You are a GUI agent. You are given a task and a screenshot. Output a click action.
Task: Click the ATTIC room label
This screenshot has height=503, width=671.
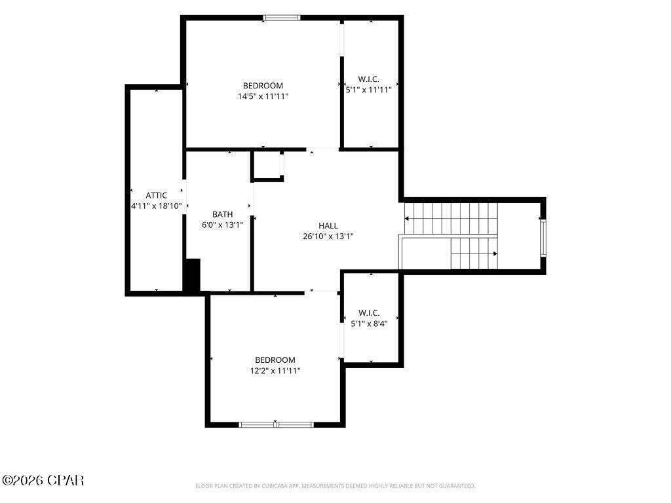pyautogui.click(x=156, y=195)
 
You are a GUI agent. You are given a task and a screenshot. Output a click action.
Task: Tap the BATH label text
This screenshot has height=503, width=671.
pyautogui.click(x=223, y=214)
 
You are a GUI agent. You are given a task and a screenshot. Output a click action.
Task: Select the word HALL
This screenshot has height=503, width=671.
pyautogui.click(x=328, y=225)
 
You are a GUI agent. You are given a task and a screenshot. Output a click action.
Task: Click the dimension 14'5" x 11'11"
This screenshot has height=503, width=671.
pyautogui.click(x=263, y=96)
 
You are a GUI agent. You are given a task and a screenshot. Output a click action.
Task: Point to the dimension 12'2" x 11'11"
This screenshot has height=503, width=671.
pyautogui.click(x=275, y=371)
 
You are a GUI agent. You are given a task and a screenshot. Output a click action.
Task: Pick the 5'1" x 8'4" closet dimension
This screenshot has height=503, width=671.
pyautogui.click(x=369, y=324)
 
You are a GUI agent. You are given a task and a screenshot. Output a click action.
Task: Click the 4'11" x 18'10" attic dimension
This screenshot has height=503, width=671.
pyautogui.click(x=157, y=206)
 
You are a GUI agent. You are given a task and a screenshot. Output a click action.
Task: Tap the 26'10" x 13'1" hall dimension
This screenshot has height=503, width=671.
pyautogui.click(x=328, y=236)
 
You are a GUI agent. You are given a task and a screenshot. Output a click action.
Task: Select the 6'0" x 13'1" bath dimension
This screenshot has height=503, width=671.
pyautogui.click(x=223, y=225)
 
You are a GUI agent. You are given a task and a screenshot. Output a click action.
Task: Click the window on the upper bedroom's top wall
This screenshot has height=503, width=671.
pyautogui.click(x=282, y=18)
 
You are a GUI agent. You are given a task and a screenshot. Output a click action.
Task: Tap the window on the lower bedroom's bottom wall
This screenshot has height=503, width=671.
pyautogui.click(x=276, y=424)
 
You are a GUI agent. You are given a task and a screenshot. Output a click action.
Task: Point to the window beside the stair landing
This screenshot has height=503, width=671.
pyautogui.click(x=543, y=237)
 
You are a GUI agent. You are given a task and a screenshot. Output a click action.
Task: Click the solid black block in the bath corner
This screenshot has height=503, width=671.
pyautogui.click(x=192, y=276)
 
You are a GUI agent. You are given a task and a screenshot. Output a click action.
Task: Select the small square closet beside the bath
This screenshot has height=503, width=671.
pyautogui.click(x=267, y=166)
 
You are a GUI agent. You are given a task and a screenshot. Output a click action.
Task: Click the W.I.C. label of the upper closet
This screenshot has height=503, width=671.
pyautogui.click(x=368, y=79)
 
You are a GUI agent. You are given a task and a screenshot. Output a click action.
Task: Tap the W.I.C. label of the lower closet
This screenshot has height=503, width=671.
pyautogui.click(x=369, y=313)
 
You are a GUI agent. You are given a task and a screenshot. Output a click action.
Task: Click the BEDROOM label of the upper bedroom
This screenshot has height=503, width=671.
pyautogui.click(x=263, y=86)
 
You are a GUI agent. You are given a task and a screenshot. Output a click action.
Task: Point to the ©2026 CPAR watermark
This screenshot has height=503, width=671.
pyautogui.click(x=43, y=480)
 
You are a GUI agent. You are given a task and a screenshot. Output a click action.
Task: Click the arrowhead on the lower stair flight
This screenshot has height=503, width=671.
pyautogui.click(x=495, y=253)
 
